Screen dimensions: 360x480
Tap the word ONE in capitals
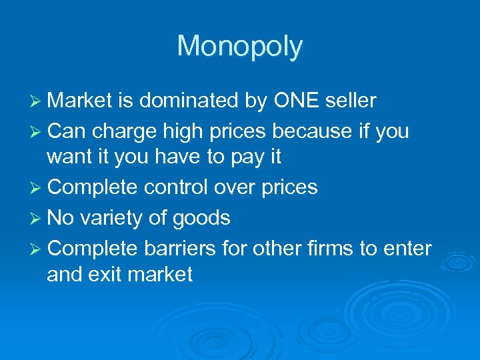[x=299, y=101]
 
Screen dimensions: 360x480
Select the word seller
[x=352, y=101]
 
